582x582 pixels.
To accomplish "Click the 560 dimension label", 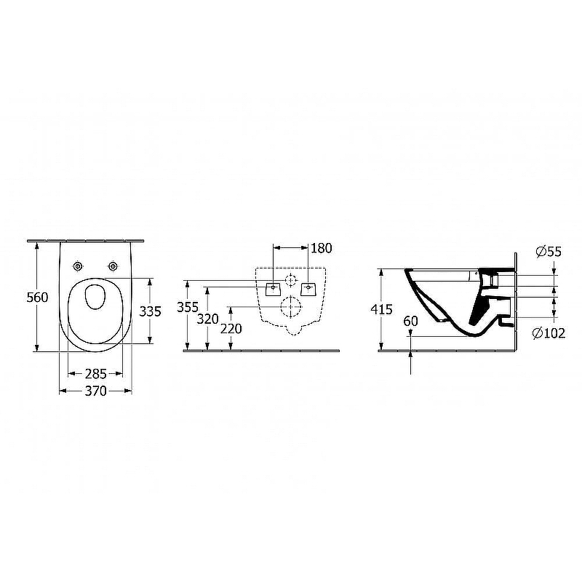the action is [x=38, y=298].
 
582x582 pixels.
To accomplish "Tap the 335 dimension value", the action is [x=151, y=311].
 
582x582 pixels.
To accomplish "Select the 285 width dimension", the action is [x=96, y=374].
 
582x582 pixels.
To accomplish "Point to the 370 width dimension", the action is [x=96, y=391].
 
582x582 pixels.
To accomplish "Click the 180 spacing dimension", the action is [x=322, y=248].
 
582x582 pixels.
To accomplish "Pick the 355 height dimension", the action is [x=188, y=307].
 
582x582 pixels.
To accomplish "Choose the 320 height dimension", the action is [x=207, y=319].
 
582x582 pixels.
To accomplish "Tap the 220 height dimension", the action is [x=231, y=329].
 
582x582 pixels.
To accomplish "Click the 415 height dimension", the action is [x=381, y=309].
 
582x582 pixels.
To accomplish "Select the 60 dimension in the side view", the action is [x=410, y=321].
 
